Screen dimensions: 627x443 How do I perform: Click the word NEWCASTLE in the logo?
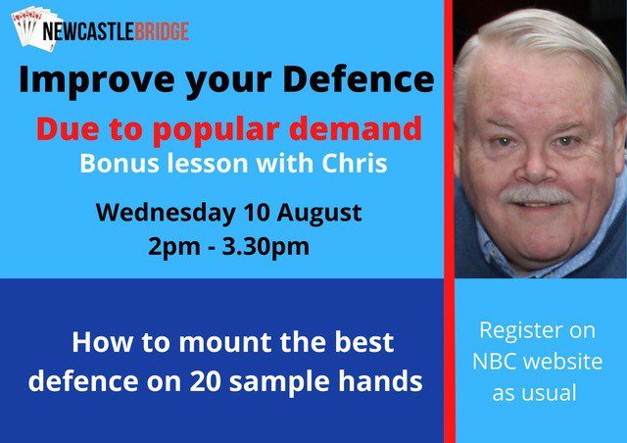(x=88, y=31)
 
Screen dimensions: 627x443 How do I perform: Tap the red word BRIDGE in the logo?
(x=162, y=31)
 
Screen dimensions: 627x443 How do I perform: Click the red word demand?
(x=356, y=128)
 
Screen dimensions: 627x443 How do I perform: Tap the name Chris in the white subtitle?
(x=355, y=163)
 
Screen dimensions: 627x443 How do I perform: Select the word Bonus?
(x=120, y=164)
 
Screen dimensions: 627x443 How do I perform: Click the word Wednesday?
(x=166, y=213)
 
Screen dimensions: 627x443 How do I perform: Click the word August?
(x=319, y=214)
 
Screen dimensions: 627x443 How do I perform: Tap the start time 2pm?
(x=174, y=247)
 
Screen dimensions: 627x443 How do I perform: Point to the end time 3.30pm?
(x=265, y=247)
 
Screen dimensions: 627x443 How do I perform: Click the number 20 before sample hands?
(x=205, y=380)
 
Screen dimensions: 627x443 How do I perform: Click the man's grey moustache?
(x=536, y=195)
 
